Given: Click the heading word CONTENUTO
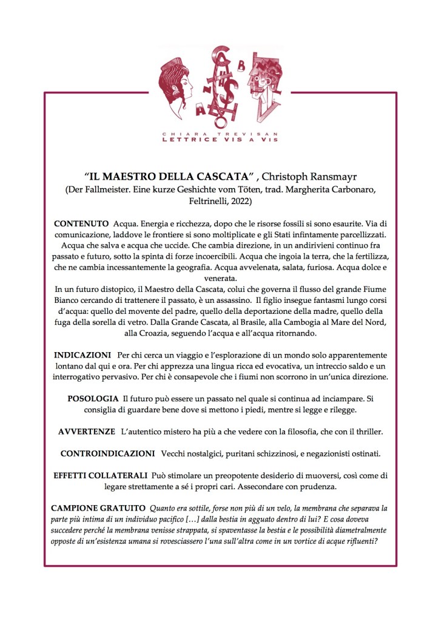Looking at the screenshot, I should (81, 224).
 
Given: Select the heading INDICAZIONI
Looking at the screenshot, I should (82, 354).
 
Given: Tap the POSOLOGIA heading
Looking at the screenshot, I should (93, 398).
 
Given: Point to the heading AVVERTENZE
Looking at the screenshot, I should (87, 431).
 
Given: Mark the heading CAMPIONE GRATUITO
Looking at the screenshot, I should (98, 507).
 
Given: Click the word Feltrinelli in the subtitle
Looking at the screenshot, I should (192, 200).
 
